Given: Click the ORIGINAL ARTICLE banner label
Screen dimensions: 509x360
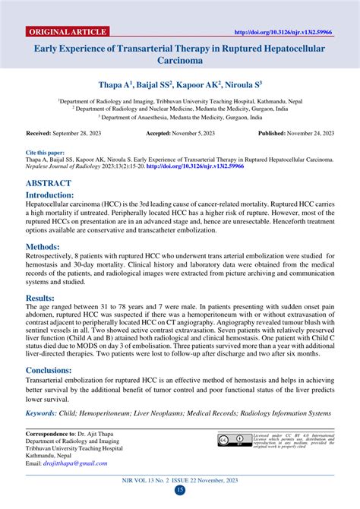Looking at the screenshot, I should click(67, 32).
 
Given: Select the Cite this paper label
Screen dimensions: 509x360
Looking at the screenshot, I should click(44, 153).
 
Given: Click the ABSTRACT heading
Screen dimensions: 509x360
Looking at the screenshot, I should click(49, 184).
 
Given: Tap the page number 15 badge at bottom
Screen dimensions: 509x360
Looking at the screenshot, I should click(180, 490).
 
